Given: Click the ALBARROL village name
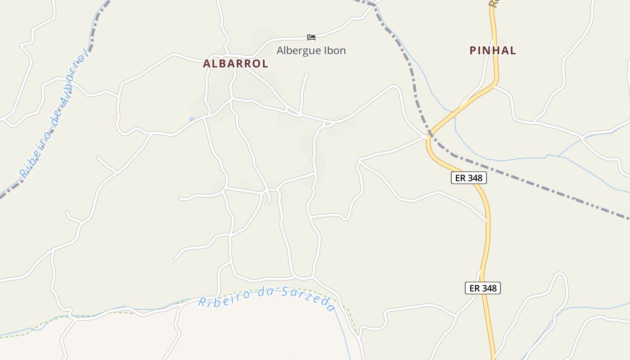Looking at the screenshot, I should pyautogui.click(x=235, y=64).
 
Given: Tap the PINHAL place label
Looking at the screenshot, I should pyautogui.click(x=493, y=50).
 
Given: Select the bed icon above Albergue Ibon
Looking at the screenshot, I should pyautogui.click(x=311, y=37).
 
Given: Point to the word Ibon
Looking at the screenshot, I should pyautogui.click(x=333, y=50).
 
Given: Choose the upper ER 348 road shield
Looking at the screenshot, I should pyautogui.click(x=468, y=178).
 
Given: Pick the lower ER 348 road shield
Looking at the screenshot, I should pyautogui.click(x=482, y=288).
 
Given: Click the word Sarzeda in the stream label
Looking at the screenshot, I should pyautogui.click(x=308, y=298).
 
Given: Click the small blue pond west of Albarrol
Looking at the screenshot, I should pyautogui.click(x=192, y=119).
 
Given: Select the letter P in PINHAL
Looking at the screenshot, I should pyautogui.click(x=473, y=50).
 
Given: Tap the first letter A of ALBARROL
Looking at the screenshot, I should pyautogui.click(x=207, y=64).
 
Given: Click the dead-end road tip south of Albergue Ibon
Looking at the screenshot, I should pyautogui.click(x=307, y=73).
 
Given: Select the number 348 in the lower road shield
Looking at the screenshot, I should pyautogui.click(x=489, y=288).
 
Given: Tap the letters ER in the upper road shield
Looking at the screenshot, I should pyautogui.click(x=460, y=178).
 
